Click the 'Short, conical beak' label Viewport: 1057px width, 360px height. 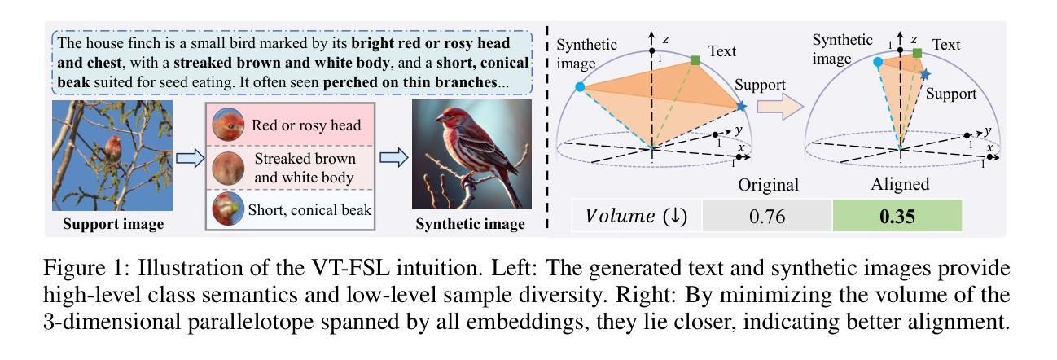click(x=309, y=209)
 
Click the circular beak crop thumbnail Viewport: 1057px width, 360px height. click(x=229, y=209)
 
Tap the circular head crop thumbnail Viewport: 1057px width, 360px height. click(x=229, y=126)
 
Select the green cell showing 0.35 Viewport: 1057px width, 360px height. click(x=897, y=217)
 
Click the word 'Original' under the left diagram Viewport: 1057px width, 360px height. click(x=768, y=184)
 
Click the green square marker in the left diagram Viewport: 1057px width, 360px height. click(x=695, y=60)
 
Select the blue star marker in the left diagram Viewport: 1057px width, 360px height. click(x=741, y=107)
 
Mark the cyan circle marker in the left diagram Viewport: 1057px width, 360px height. click(x=579, y=86)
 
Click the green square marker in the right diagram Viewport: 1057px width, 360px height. click(x=917, y=54)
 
